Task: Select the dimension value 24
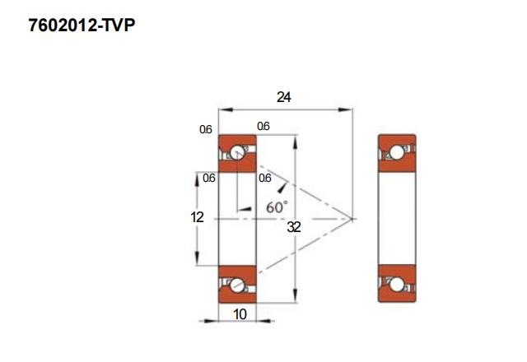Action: (284, 97)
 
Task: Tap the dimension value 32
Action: (294, 228)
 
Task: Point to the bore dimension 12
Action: (197, 217)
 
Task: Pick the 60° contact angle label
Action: (277, 207)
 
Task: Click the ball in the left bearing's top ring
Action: (238, 152)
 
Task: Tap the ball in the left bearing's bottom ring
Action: (238, 285)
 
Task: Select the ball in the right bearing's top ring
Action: (396, 152)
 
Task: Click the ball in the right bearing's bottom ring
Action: (396, 285)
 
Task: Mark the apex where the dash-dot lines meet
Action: (352, 218)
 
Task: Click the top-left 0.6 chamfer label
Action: (206, 129)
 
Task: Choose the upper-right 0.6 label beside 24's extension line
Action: (263, 127)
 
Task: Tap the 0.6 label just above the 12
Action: (209, 178)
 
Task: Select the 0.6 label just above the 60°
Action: (264, 178)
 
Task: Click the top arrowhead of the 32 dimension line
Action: (295, 139)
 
